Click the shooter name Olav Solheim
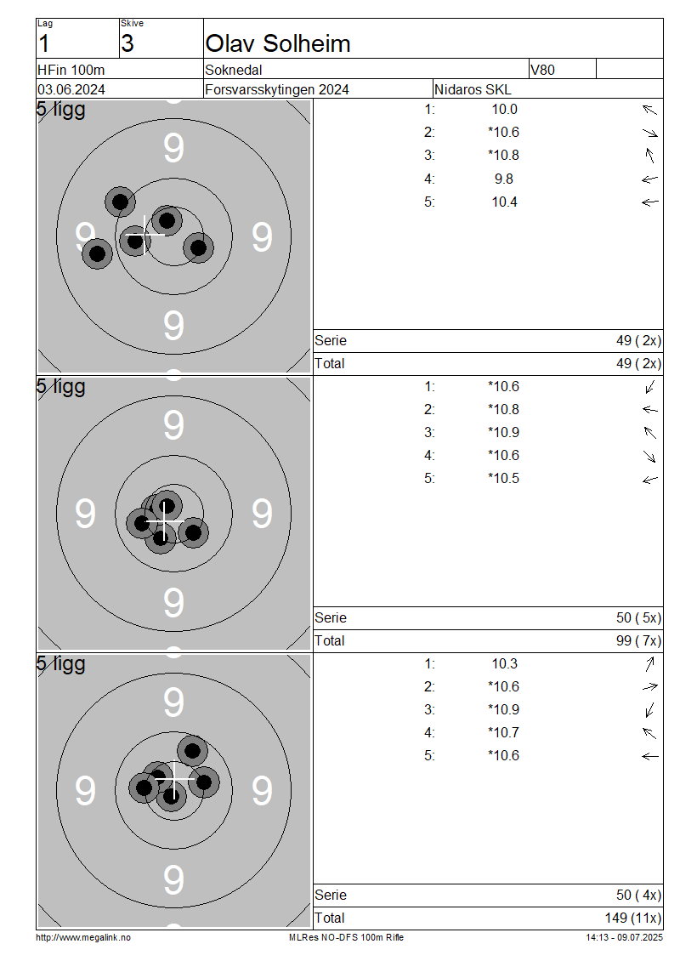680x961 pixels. click(x=277, y=43)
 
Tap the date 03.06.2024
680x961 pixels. click(x=71, y=89)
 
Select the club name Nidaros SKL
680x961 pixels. click(x=473, y=89)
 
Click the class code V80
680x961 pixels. click(x=542, y=70)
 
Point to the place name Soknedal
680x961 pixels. click(x=234, y=70)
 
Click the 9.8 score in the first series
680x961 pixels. click(x=503, y=179)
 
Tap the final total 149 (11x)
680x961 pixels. click(x=633, y=918)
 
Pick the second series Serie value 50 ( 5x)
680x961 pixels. click(x=638, y=617)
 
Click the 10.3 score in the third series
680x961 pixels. click(x=504, y=663)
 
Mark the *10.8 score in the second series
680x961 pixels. click(x=503, y=409)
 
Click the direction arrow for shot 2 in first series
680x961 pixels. click(x=650, y=133)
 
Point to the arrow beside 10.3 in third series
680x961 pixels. click(x=650, y=663)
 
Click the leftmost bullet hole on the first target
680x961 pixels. click(x=98, y=253)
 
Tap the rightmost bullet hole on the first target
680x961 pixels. click(x=199, y=248)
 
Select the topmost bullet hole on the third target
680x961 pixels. click(x=192, y=751)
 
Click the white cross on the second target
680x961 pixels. click(x=166, y=521)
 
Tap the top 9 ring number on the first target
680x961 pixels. click(x=173, y=148)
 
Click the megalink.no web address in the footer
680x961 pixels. click(x=83, y=938)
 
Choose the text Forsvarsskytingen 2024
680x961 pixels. click(x=277, y=89)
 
